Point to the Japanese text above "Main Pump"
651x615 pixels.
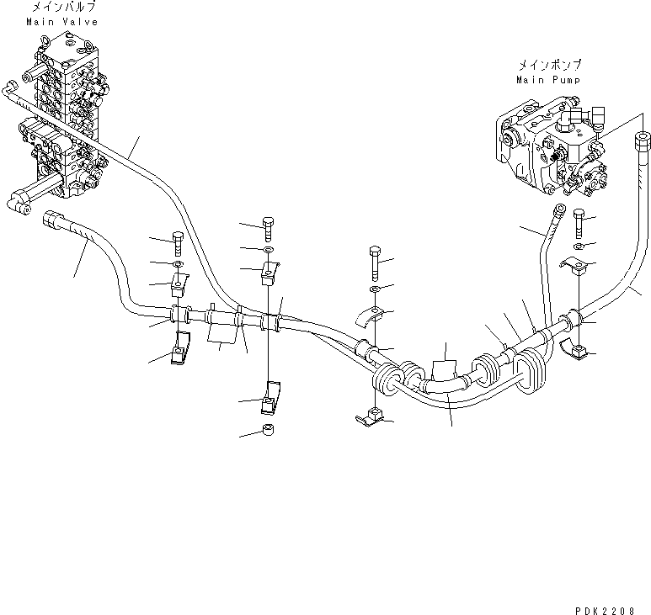tap(548, 64)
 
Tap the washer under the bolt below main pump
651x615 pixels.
tap(579, 246)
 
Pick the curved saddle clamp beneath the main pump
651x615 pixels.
tap(574, 267)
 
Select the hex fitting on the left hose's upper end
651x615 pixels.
tap(54, 199)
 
